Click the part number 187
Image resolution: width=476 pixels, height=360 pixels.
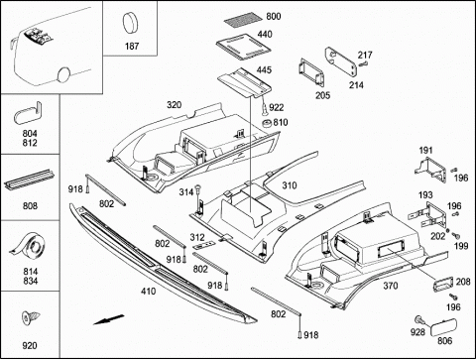tap(132, 46)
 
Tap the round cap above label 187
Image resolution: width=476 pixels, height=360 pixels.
tap(131, 23)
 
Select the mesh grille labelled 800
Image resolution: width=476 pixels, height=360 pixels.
tap(242, 20)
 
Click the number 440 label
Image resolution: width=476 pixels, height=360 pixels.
tap(265, 35)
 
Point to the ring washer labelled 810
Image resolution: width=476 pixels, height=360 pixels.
tap(267, 124)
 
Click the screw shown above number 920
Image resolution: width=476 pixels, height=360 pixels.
tap(31, 318)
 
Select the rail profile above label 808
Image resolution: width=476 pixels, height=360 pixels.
tap(30, 180)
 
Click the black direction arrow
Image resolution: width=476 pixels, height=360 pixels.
tap(109, 319)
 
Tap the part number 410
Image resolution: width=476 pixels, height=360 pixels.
tap(148, 292)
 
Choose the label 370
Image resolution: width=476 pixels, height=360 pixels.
tap(391, 286)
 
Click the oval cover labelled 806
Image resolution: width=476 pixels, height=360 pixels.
tap(443, 327)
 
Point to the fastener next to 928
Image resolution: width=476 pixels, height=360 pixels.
tap(419, 319)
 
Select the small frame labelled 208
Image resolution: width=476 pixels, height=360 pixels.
tap(442, 284)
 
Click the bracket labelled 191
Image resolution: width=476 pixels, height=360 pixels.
tap(430, 170)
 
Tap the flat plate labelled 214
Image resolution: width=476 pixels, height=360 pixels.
tap(341, 60)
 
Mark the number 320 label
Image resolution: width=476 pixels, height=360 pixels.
tap(174, 105)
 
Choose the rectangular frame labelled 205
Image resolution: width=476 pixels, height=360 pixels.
tap(311, 72)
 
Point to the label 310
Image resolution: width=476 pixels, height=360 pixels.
tap(289, 185)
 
